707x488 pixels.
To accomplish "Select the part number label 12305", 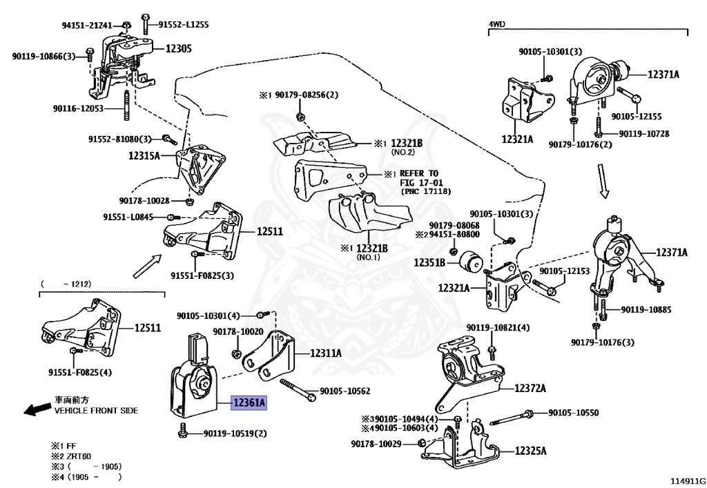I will click(178, 49).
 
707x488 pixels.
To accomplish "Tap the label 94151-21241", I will click(86, 26).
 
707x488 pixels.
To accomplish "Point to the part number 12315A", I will click(144, 156).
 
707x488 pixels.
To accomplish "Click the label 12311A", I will click(326, 353).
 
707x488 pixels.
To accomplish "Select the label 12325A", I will click(530, 451).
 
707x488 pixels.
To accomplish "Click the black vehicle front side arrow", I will click(36, 410).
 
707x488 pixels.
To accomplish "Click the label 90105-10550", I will click(574, 413).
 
